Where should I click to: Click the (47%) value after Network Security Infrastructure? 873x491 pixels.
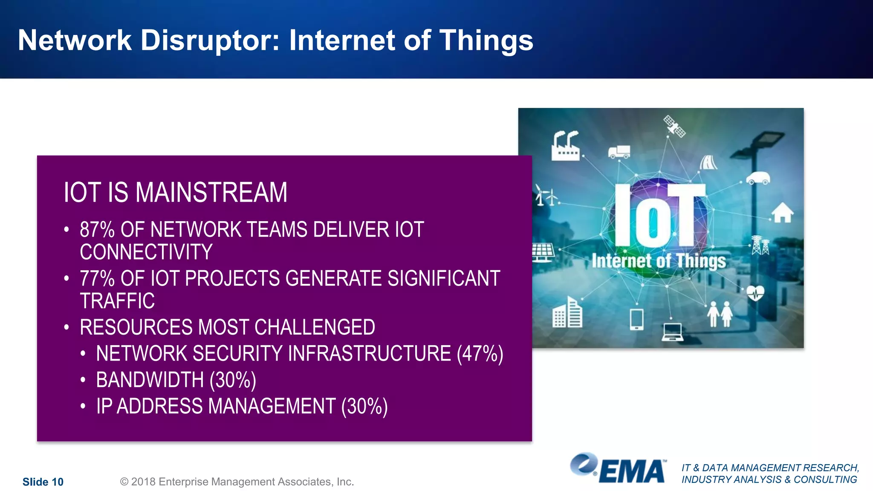pyautogui.click(x=480, y=354)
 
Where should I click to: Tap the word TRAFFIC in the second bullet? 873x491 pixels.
pyautogui.click(x=117, y=301)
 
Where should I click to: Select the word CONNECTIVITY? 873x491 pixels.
pyautogui.click(x=146, y=252)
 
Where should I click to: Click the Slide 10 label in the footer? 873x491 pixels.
pyautogui.click(x=43, y=482)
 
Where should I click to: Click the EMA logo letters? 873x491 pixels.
pyautogui.click(x=632, y=472)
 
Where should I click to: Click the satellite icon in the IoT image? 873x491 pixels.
pyautogui.click(x=674, y=126)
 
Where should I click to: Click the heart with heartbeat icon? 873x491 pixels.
pyautogui.click(x=755, y=293)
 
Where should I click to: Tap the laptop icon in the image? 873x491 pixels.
pyautogui.click(x=672, y=332)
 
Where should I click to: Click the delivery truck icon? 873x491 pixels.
pyautogui.click(x=619, y=152)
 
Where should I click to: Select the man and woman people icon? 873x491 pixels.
pyautogui.click(x=720, y=314)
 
